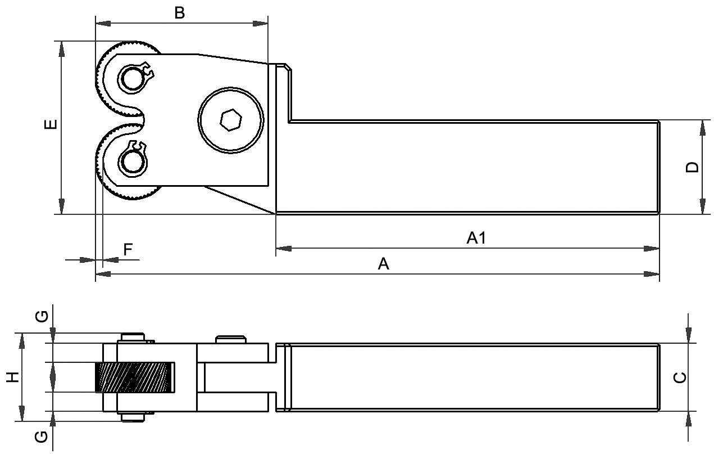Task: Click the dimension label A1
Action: tap(476, 239)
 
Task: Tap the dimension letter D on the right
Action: tap(693, 167)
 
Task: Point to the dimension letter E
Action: tap(50, 125)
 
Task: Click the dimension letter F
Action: tap(128, 250)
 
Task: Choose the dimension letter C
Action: tap(680, 377)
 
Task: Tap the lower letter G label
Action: tap(42, 436)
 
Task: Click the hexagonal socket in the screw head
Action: tap(231, 120)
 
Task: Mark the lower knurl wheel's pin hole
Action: tap(133, 162)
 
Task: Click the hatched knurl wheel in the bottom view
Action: tap(134, 377)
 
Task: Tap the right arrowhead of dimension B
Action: tap(261, 24)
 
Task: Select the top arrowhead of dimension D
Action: tap(702, 128)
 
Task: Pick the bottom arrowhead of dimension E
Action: tap(61, 206)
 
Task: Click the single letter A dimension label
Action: tap(383, 264)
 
